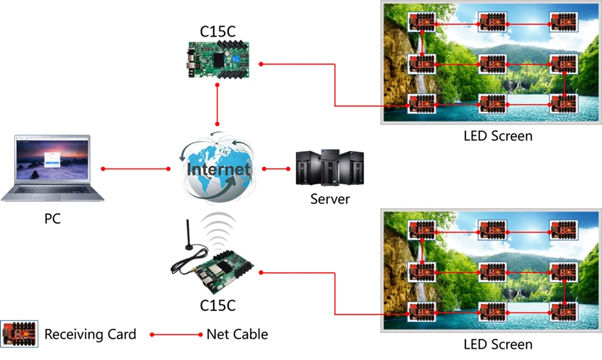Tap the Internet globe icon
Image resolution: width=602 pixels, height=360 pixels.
tap(217, 168)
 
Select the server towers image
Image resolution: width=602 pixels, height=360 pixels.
tap(329, 167)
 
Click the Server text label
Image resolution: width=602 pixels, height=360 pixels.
tap(330, 199)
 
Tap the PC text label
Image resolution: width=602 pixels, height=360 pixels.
tap(52, 219)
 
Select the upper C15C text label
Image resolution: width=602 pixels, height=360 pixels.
tap(218, 30)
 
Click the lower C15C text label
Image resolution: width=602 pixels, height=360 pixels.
tap(218, 306)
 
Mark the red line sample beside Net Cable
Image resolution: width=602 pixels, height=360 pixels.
tap(176, 334)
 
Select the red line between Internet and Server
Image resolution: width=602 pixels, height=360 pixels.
tap(276, 169)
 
